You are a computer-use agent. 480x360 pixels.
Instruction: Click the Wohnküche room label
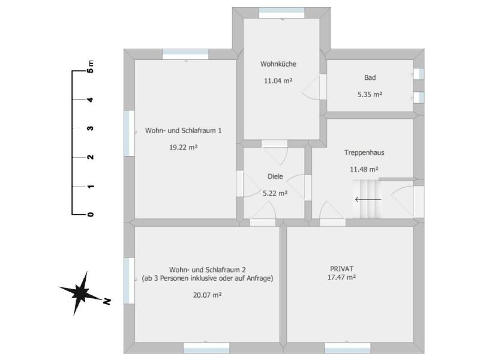coord(278,64)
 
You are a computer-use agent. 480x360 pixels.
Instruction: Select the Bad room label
coord(370,78)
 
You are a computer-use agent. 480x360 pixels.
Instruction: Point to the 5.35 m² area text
coord(370,94)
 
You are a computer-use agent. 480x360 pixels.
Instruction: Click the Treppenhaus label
coord(364,153)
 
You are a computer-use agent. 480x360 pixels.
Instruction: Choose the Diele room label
coord(275,176)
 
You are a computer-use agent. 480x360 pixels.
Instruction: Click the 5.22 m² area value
coord(275,193)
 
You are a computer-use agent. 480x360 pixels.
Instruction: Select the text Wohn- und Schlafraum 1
coord(184,130)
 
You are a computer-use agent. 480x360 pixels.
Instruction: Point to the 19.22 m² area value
coord(184,147)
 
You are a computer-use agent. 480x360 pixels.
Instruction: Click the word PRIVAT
coord(341,269)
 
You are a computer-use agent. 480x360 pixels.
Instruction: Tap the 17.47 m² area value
coord(341,278)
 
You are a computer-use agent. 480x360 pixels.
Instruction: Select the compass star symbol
coord(81,293)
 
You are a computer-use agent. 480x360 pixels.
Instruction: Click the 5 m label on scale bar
coord(91,67)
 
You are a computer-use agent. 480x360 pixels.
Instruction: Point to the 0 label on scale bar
coord(91,214)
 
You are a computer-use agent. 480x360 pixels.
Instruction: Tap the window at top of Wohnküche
coord(281,12)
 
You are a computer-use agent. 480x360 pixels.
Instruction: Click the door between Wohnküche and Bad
coord(322,87)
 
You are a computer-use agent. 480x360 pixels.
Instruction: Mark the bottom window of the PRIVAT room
coord(347,347)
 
